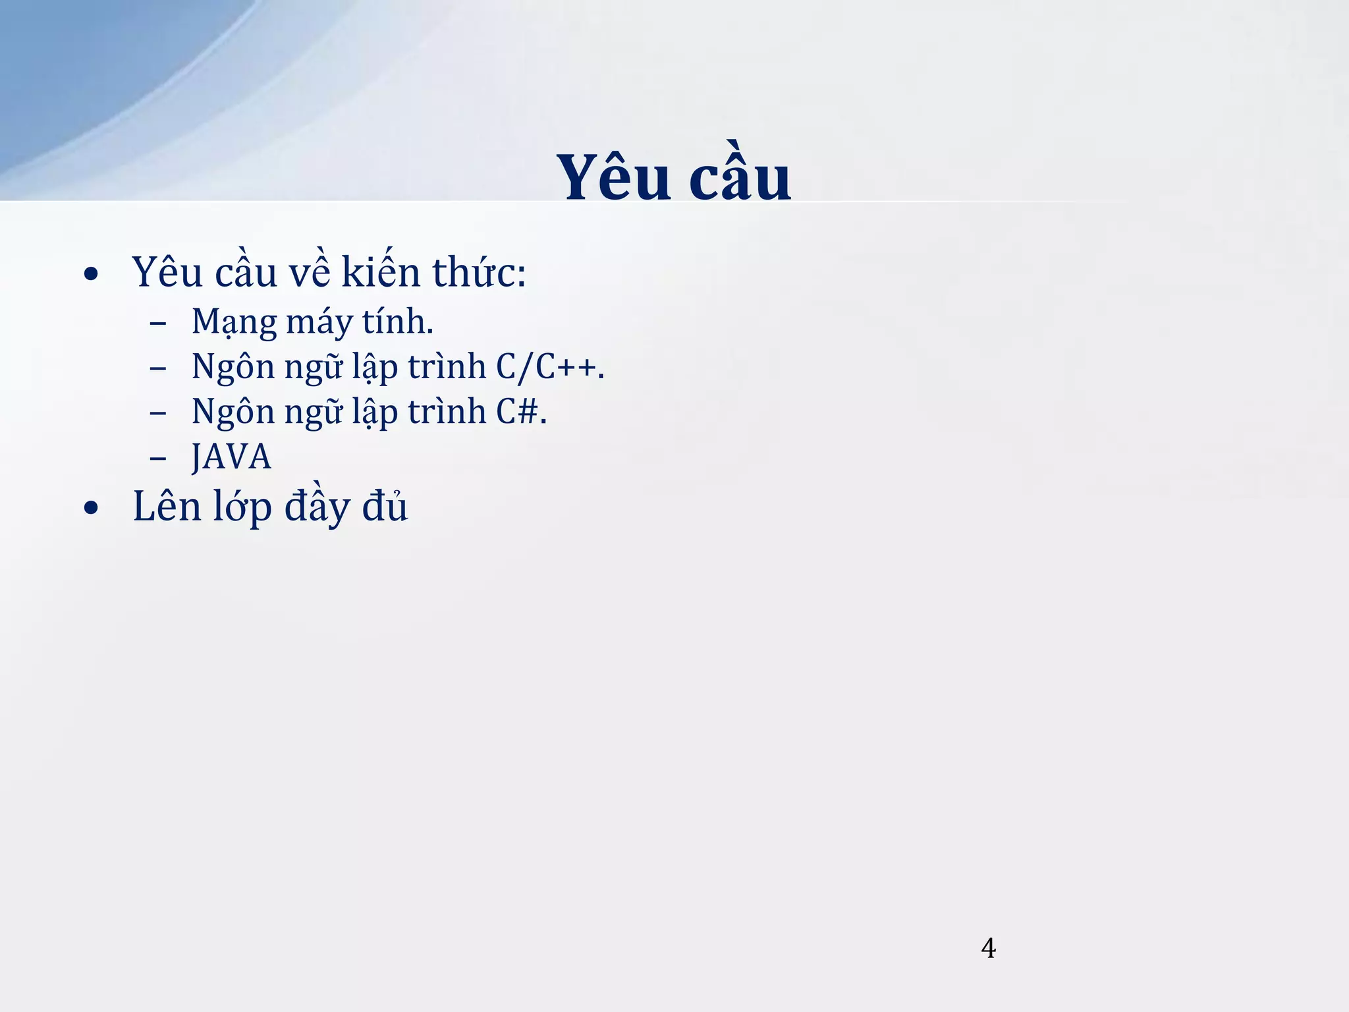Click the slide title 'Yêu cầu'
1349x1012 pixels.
pyautogui.click(x=673, y=177)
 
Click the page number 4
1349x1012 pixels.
pyautogui.click(x=988, y=948)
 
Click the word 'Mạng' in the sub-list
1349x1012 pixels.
pyautogui.click(x=234, y=322)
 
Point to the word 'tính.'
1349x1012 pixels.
pyautogui.click(x=397, y=322)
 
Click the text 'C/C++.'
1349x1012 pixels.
pyautogui.click(x=549, y=366)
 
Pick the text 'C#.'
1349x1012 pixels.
pyautogui.click(x=521, y=411)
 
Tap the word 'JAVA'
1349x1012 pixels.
pyautogui.click(x=231, y=457)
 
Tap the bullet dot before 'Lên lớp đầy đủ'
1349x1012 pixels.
pyautogui.click(x=92, y=508)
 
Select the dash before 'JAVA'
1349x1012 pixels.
pyautogui.click(x=158, y=458)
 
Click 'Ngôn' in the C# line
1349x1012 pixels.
pyautogui.click(x=233, y=412)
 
